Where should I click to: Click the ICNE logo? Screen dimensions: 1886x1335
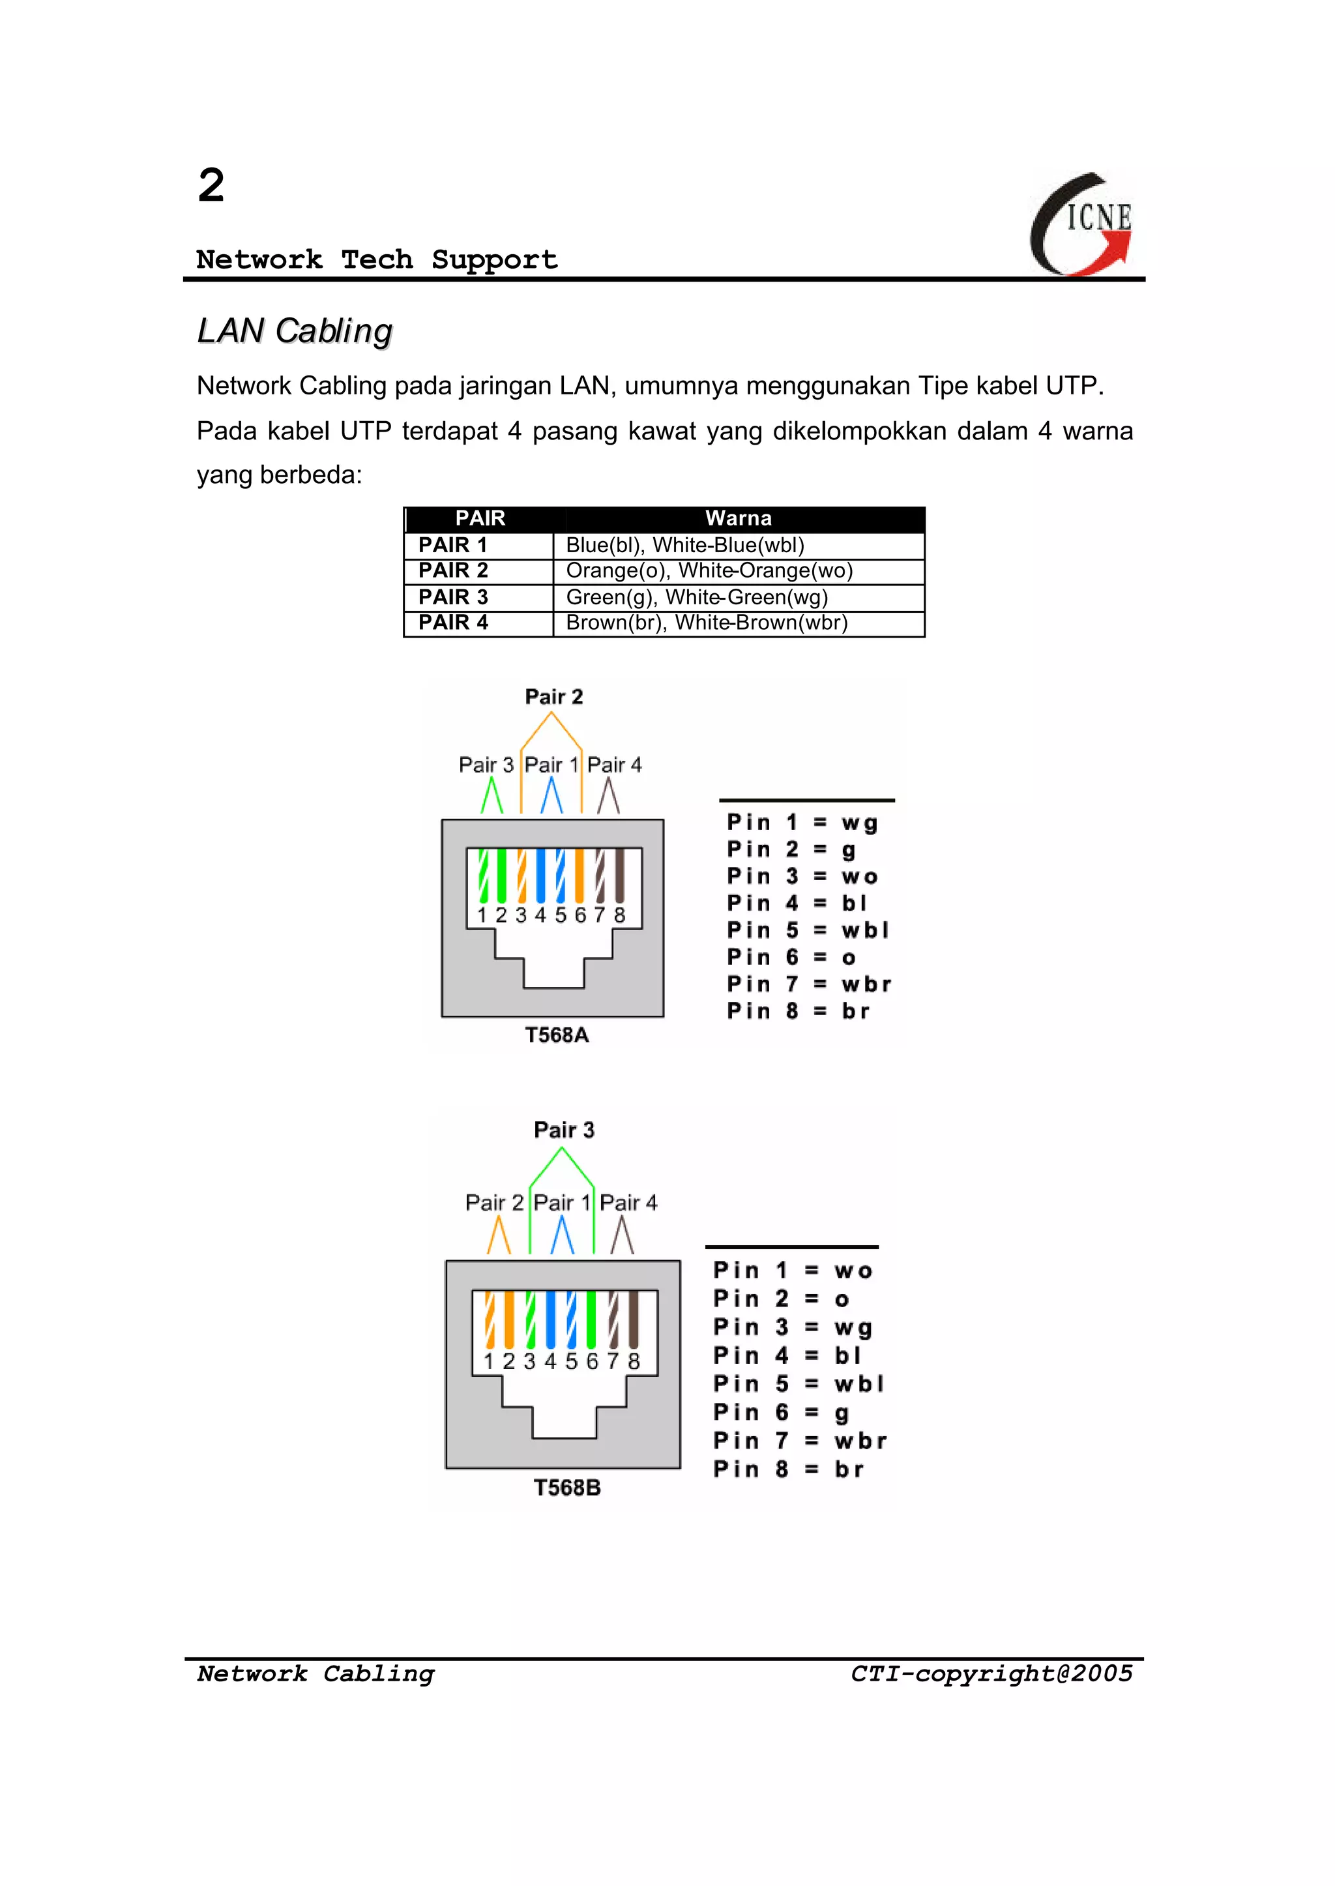coord(1083,224)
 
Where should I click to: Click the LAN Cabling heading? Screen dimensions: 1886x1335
coord(294,331)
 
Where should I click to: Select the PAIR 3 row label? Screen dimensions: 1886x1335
coord(453,597)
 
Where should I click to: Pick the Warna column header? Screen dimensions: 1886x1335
coord(738,519)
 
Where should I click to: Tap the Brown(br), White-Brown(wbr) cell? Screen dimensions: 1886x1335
coord(706,623)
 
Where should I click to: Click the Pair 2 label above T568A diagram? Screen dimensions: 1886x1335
coord(553,697)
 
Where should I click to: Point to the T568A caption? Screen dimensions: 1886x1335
coord(557,1035)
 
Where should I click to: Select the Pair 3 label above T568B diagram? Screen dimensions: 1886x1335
coord(564,1130)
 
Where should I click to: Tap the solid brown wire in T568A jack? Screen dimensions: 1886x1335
coord(619,875)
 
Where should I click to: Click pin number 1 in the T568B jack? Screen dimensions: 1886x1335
coord(488,1361)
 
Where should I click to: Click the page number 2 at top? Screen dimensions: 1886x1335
coord(211,185)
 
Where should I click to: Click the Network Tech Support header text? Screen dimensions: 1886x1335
coord(377,260)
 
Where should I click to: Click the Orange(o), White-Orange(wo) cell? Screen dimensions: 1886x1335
coord(709,570)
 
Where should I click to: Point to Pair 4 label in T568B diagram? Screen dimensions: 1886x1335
coord(628,1203)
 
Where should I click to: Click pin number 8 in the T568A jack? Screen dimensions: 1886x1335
coord(619,915)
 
